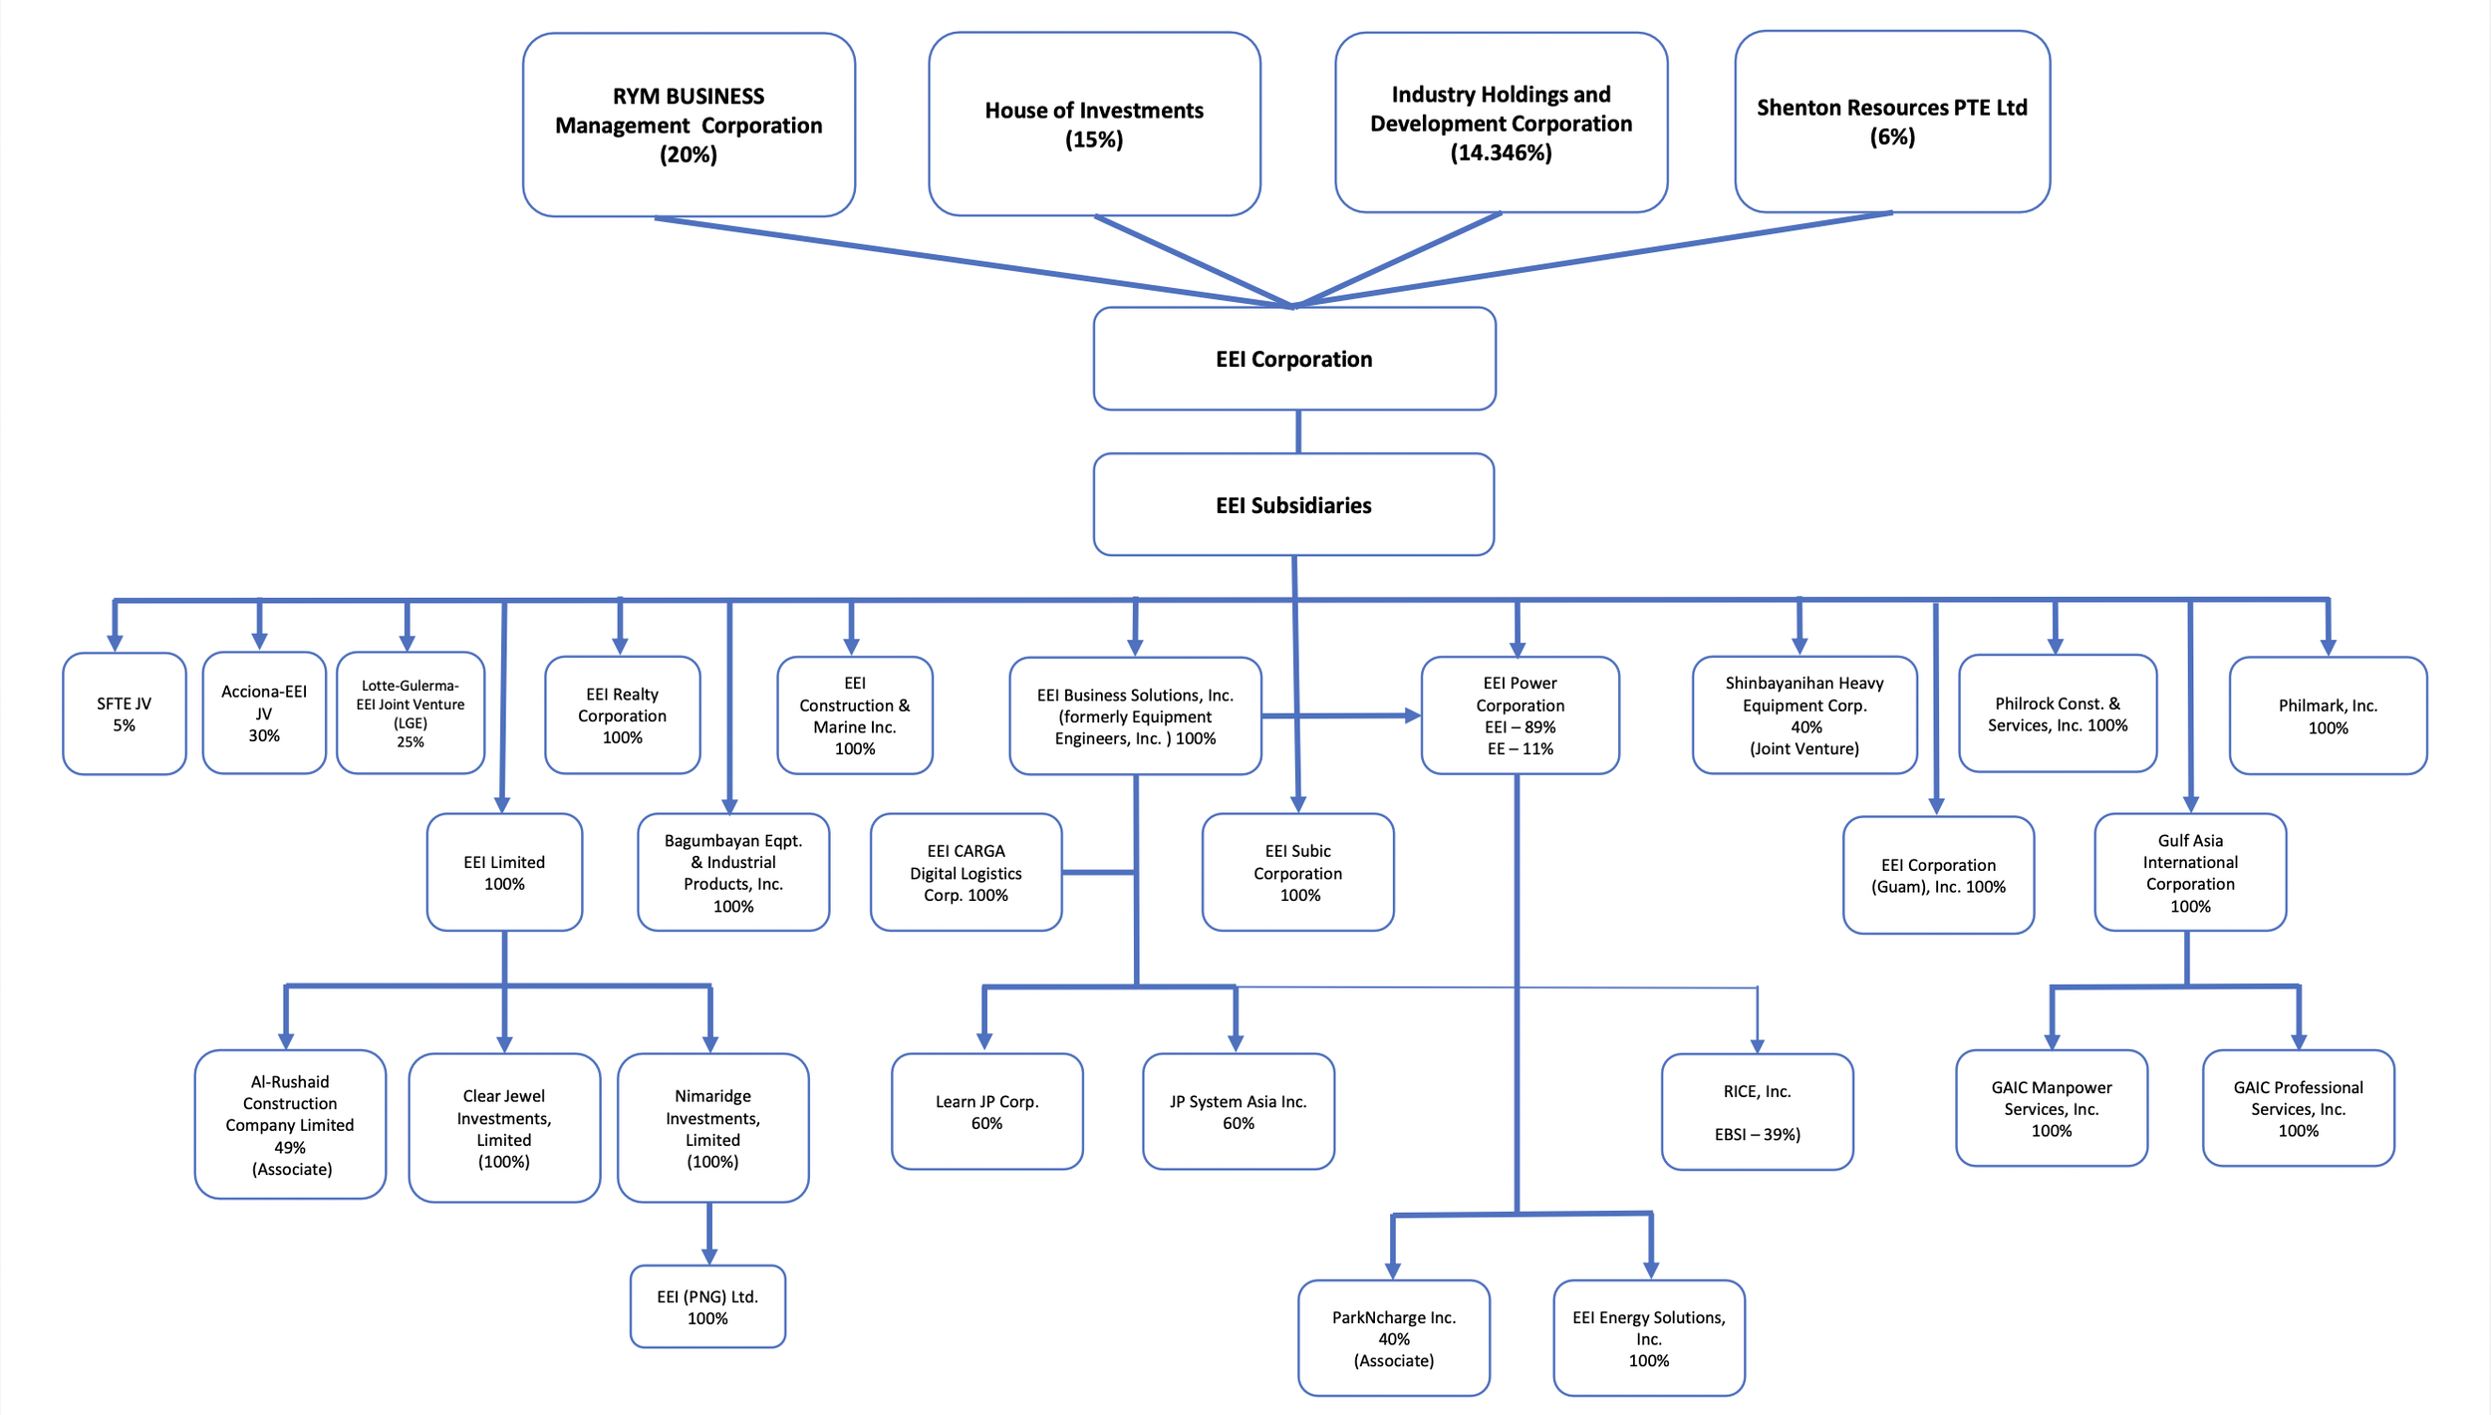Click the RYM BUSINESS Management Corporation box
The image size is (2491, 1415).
689,125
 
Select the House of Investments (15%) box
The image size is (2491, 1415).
1094,124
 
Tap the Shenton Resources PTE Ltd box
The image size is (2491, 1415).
1891,122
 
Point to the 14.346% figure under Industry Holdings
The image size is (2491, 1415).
1501,152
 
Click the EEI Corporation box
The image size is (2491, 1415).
1293,359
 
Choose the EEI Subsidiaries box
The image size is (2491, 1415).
1293,505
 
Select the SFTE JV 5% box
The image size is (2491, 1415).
124,713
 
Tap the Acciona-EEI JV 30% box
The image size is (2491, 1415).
264,713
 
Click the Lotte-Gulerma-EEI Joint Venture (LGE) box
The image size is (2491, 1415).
411,713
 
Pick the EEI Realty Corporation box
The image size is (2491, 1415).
622,715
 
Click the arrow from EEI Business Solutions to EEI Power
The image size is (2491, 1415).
1340,715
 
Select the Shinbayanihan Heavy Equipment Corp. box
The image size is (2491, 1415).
1803,715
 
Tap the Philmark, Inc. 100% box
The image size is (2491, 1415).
2328,715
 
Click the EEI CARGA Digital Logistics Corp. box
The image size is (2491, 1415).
966,873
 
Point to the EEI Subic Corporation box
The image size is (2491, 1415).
1297,873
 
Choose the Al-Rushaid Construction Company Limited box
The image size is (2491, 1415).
290,1124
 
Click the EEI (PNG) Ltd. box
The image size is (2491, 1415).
707,1306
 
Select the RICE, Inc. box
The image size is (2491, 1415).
1757,1112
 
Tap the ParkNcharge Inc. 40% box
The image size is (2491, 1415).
1393,1338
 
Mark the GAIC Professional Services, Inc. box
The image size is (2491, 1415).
2298,1108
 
